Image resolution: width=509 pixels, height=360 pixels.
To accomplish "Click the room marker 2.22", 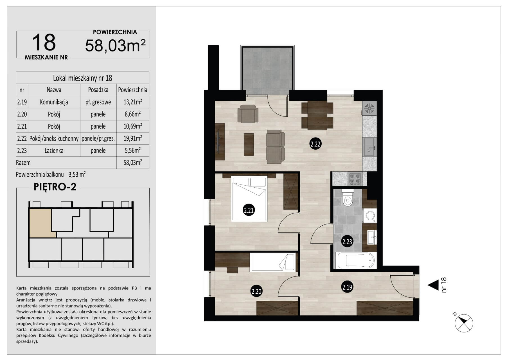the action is click(x=315, y=144).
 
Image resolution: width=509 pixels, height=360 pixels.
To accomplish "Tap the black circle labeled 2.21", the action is click(x=249, y=210).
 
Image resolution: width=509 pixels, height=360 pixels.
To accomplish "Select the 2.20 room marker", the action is click(x=256, y=291).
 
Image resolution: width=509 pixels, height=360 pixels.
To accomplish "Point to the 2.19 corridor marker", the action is click(x=347, y=287).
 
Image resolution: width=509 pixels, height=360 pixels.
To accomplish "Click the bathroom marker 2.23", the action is click(x=347, y=241).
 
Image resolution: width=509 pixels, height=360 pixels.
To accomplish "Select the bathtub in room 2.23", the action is click(x=355, y=260).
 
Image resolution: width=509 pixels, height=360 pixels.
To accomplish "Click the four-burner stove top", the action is click(x=355, y=179).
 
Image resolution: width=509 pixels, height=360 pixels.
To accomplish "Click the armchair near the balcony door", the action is click(x=248, y=113).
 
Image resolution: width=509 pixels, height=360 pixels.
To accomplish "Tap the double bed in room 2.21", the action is click(x=249, y=199).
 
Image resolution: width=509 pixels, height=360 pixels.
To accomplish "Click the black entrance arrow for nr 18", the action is click(x=433, y=285).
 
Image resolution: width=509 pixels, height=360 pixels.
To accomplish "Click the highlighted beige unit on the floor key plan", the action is click(x=41, y=223).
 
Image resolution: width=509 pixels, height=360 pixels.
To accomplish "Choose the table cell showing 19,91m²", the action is click(x=133, y=138).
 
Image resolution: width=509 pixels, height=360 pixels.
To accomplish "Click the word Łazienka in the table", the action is click(x=54, y=150).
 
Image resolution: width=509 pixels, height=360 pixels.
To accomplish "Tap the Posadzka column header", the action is click(x=98, y=90).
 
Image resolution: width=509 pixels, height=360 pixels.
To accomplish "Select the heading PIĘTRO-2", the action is click(x=55, y=187).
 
